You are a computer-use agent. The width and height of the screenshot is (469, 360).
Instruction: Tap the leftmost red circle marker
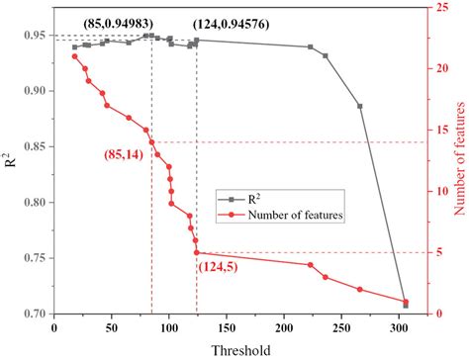click(75, 56)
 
